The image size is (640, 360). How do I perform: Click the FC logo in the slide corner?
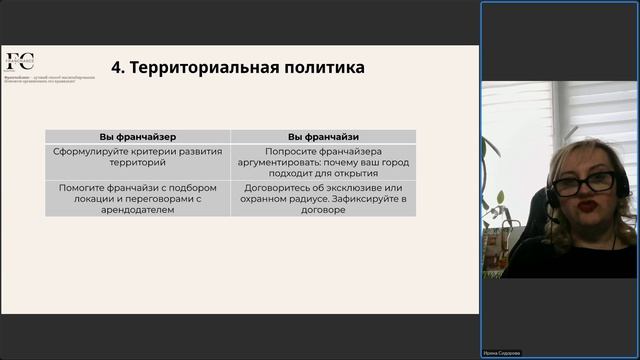click(19, 62)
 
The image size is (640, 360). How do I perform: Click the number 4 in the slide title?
click(117, 68)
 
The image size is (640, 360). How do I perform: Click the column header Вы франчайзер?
click(138, 136)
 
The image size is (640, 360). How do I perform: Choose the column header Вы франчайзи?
click(323, 136)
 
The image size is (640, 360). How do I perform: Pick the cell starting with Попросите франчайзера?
click(323, 160)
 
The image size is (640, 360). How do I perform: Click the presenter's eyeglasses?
click(584, 183)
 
